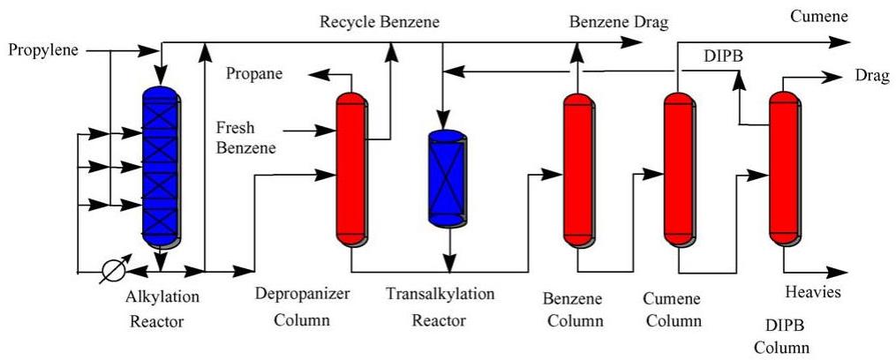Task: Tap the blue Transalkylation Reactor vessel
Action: [445, 176]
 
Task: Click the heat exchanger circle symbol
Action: [113, 270]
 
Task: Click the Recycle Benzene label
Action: [379, 20]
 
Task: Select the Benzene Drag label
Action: [619, 20]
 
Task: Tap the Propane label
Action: [254, 73]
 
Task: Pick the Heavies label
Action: [812, 292]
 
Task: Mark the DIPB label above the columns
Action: [723, 55]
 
